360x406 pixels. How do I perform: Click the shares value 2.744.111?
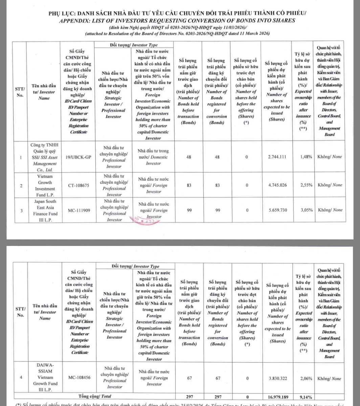[279, 157]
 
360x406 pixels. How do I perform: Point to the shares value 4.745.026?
[279, 185]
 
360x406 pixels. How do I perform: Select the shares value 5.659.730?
[279, 210]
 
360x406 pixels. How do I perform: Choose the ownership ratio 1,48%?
[305, 157]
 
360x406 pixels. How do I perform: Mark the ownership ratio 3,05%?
[305, 210]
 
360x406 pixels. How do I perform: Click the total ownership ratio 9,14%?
[305, 396]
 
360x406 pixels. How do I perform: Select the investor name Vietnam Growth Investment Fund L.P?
[43, 185]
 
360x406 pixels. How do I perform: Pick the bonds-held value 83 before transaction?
[189, 185]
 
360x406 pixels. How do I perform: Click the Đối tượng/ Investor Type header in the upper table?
[134, 45]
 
